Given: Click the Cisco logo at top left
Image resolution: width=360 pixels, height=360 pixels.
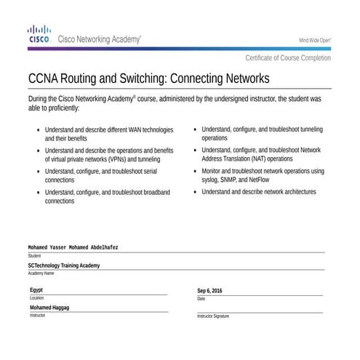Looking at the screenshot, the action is [39, 34].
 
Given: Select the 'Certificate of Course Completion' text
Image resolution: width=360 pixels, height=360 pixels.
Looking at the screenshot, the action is [287, 58].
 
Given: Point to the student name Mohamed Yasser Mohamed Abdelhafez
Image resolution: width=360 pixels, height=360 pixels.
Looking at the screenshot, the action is [73, 247].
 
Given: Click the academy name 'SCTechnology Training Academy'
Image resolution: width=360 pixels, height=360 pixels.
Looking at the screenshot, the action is [64, 265].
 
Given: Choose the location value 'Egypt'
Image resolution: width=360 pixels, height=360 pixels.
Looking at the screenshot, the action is [36, 290].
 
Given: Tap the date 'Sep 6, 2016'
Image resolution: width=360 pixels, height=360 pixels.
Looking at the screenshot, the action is [209, 291].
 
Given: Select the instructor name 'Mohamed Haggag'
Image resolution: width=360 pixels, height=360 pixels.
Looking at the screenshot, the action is [49, 308].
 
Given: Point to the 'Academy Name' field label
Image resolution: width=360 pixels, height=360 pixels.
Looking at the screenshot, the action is [41, 273].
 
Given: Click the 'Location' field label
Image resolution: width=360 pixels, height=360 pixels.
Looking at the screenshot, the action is [36, 298].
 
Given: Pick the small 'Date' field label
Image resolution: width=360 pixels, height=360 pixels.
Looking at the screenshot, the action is [201, 299].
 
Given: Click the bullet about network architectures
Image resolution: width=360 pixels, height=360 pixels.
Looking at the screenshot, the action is [258, 192].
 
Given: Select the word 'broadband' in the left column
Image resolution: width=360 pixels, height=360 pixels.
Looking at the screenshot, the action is [155, 192].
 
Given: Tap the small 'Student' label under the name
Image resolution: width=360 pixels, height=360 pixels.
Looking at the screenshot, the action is [35, 256].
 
